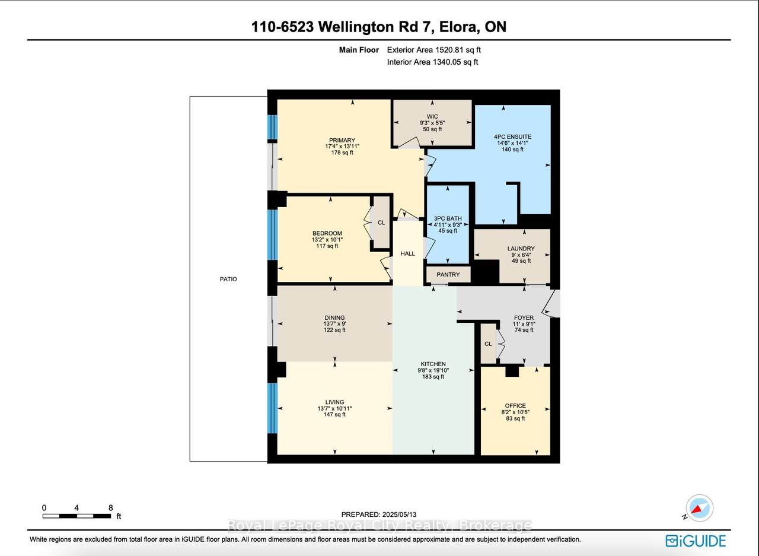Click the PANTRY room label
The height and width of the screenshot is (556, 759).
tap(448, 275)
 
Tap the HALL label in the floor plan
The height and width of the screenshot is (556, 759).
tap(408, 253)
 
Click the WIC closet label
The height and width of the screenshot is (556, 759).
tap(432, 116)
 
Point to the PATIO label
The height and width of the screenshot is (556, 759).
tap(228, 279)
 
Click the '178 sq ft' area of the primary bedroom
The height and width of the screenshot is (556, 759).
tap(342, 152)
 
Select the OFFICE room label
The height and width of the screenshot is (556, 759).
tap(515, 406)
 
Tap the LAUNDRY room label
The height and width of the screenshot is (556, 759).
tap(521, 249)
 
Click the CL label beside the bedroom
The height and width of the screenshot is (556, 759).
tap(381, 223)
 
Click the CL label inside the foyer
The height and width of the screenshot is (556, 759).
tap(487, 344)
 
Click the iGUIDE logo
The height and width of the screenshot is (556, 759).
tap(696, 541)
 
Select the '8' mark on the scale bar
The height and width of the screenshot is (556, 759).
tap(111, 508)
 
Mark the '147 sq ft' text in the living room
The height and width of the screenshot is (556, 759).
tap(334, 414)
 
